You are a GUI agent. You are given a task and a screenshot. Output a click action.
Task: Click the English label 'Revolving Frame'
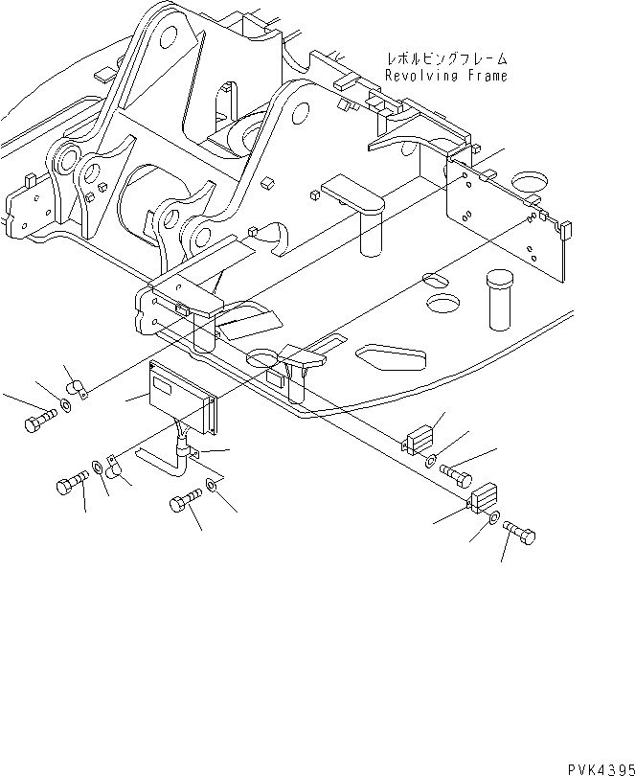click(x=445, y=76)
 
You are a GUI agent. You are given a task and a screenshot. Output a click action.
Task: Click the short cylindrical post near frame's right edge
click(x=498, y=298)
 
